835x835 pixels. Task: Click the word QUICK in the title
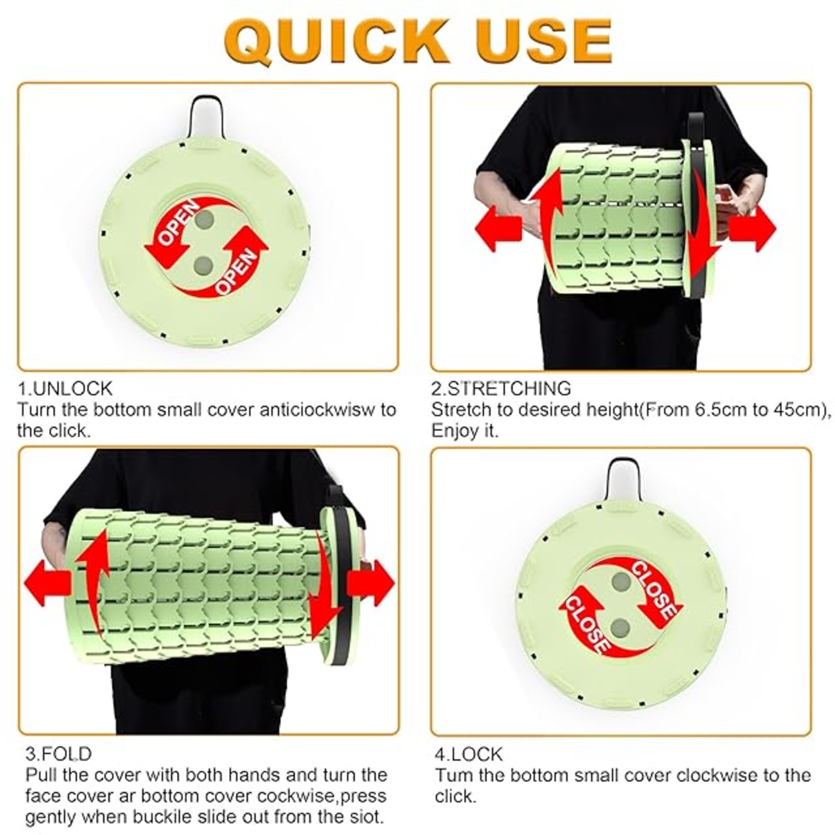tap(337, 42)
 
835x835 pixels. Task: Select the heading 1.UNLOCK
tap(65, 389)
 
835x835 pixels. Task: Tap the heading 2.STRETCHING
tap(501, 389)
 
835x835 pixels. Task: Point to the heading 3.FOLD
tap(59, 754)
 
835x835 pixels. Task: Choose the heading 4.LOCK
tap(468, 754)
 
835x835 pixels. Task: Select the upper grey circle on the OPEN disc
tap(204, 220)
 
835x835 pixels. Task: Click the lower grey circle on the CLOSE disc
tap(620, 628)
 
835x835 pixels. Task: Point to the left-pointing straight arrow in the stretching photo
tap(498, 228)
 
